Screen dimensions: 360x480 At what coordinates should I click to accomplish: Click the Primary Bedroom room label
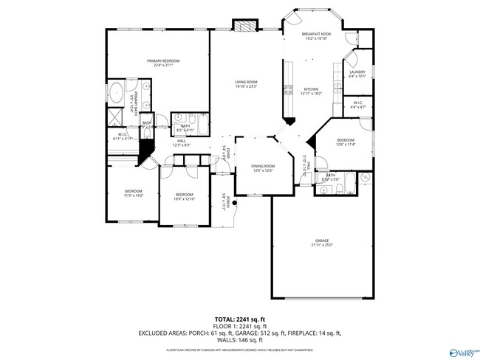point(163,62)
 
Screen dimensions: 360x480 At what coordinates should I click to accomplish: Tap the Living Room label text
point(246,83)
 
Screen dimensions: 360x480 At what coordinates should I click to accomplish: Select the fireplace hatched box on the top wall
point(244,25)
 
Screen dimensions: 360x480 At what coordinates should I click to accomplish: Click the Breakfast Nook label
point(315,37)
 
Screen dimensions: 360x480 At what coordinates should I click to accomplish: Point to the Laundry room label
point(357,74)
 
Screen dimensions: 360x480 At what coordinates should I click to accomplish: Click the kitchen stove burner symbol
point(286,90)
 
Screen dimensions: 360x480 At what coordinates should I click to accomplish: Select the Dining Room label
point(263,168)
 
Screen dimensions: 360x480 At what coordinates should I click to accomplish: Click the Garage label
point(322,243)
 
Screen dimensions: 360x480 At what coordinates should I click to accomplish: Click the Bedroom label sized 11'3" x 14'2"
point(133,194)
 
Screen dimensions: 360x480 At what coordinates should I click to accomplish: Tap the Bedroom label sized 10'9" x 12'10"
point(184,196)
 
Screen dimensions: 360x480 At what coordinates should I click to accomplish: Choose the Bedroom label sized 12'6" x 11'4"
point(346,142)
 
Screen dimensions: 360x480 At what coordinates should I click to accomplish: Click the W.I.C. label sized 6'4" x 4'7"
point(359,105)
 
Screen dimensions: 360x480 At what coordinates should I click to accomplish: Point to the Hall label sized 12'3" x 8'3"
point(181,143)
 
